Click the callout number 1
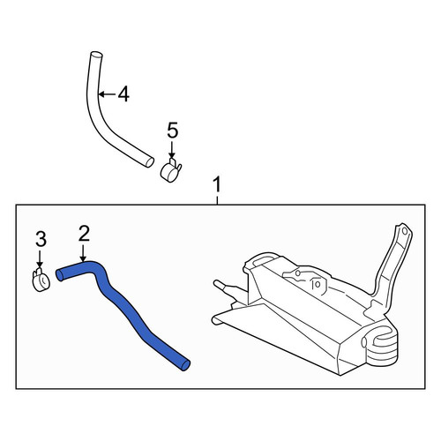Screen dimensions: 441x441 [x=217, y=184]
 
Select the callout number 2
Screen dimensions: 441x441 [x=84, y=234]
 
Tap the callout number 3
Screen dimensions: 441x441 [x=41, y=239]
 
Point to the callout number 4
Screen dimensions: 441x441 [x=123, y=94]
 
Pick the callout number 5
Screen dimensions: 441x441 [x=173, y=131]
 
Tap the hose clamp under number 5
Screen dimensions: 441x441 [x=170, y=170]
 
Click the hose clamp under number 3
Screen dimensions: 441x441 [x=41, y=280]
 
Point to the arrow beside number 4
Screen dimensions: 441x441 [x=108, y=94]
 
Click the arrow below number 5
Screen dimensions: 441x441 [x=172, y=150]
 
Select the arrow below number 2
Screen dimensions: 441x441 [x=84, y=253]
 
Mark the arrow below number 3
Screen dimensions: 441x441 [x=40, y=259]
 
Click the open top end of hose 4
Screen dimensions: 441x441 [x=96, y=55]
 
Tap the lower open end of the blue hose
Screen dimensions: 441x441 [x=185, y=365]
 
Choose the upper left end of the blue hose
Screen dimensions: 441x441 [x=59, y=275]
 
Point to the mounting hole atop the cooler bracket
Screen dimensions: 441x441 [x=405, y=231]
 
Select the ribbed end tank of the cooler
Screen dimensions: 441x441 [x=382, y=347]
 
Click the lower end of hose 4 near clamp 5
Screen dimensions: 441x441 [x=150, y=162]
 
